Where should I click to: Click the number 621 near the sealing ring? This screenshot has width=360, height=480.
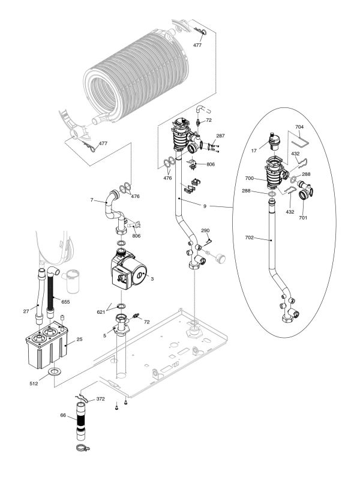(101, 313)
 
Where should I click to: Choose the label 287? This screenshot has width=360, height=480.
(221, 136)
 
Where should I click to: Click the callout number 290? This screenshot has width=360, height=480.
(205, 231)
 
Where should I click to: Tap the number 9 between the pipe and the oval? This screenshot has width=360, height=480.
(204, 206)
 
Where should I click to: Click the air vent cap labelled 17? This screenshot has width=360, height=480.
(274, 139)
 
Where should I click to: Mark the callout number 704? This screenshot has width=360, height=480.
(301, 127)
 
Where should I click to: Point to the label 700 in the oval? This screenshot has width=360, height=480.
(248, 178)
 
